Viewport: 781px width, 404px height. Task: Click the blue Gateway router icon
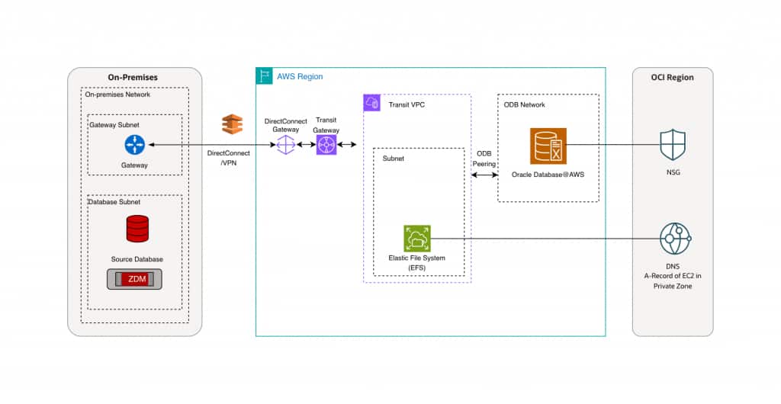pos(134,144)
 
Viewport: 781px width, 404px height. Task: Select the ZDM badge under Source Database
pos(137,278)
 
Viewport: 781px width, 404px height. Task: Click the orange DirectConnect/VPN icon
pos(232,124)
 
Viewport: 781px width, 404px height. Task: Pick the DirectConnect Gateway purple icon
pos(286,144)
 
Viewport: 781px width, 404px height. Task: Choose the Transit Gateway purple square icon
pos(326,144)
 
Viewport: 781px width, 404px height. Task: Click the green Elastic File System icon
pos(416,238)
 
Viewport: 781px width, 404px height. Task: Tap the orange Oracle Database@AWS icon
pos(548,146)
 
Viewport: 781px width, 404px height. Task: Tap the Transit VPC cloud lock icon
pos(372,103)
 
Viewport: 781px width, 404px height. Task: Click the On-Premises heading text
pos(134,77)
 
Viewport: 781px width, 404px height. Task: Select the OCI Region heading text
pos(672,77)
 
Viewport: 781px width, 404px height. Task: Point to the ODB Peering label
pos(484,158)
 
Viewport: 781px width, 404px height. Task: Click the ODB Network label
pos(525,104)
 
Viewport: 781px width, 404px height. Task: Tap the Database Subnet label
pos(116,202)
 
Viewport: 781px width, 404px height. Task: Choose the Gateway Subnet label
pos(114,124)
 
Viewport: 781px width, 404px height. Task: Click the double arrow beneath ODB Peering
pos(484,175)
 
